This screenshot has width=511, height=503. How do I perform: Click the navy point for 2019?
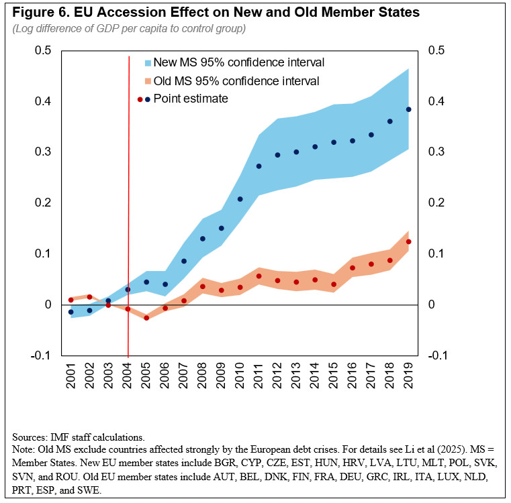point(408,109)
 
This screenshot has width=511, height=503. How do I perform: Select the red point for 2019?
point(408,241)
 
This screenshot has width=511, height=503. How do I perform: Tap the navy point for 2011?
point(259,166)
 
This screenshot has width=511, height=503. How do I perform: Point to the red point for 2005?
point(146,317)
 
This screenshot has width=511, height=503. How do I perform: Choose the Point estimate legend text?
point(191,99)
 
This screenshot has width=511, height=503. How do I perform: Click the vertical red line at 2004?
point(128,201)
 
